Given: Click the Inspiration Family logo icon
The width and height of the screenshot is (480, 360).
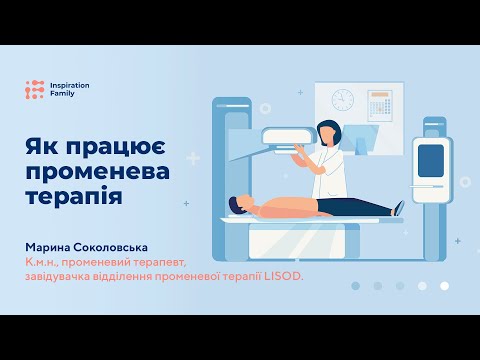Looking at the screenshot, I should (35, 90).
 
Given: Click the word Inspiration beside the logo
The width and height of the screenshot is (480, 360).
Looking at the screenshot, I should (69, 86).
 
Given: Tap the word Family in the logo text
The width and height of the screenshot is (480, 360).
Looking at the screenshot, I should (62, 95).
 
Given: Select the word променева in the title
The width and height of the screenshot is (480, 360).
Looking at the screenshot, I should (97, 171).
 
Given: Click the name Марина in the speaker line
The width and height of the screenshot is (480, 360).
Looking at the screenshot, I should (54, 246).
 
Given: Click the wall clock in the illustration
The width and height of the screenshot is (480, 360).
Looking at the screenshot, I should (343, 100).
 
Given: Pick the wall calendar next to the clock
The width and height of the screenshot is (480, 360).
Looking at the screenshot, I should (379, 104).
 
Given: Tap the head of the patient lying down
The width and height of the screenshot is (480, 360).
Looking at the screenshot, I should (236, 205).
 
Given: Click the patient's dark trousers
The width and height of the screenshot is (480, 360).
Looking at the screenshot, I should (355, 207).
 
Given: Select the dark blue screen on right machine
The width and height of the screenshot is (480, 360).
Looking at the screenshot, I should (430, 159).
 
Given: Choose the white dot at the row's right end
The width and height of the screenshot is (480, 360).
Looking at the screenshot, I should (444, 286).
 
